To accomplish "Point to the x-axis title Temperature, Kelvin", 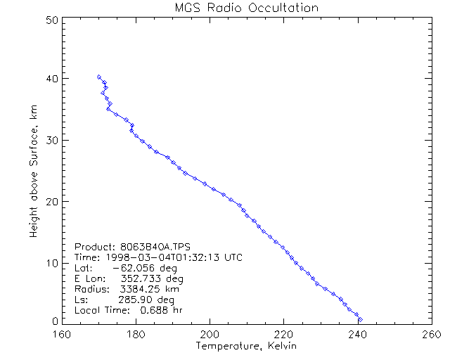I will click(x=246, y=346).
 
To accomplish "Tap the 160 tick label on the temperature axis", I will click(x=63, y=333).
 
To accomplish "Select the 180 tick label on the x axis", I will click(x=136, y=333).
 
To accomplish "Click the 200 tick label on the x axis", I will click(x=210, y=333).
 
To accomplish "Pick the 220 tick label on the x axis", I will click(x=283, y=333).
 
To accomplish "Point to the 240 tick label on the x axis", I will click(x=356, y=333).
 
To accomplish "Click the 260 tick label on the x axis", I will click(x=430, y=333).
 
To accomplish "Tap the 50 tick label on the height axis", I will click(x=51, y=20).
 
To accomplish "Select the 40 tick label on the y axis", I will click(x=51, y=78).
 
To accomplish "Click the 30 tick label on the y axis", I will click(x=51, y=140).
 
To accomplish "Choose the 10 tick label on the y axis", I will click(x=51, y=263).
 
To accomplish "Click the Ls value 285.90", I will click(x=140, y=300).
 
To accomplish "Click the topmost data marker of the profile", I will click(x=99, y=77).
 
